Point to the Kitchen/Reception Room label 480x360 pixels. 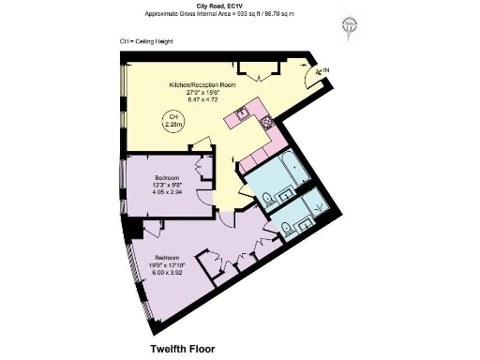pyautogui.click(x=202, y=84)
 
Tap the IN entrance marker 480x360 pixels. pyautogui.click(x=324, y=70)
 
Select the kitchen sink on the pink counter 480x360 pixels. pyautogui.click(x=240, y=116)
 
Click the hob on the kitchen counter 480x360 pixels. pyautogui.click(x=264, y=122)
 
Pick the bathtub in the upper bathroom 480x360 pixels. pyautogui.click(x=295, y=172)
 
